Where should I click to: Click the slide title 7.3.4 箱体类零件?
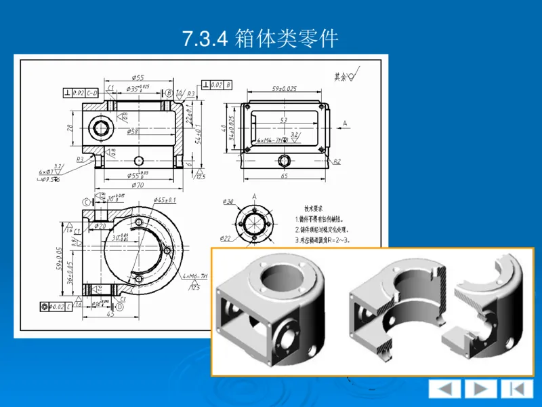pyautogui.click(x=260, y=38)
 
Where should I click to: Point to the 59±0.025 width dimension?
pyautogui.click(x=284, y=89)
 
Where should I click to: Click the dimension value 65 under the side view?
pyautogui.click(x=285, y=176)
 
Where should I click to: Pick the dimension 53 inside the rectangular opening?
pyautogui.click(x=284, y=121)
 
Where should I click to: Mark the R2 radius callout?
pyautogui.click(x=337, y=161)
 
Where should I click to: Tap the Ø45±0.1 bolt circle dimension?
pyautogui.click(x=165, y=200)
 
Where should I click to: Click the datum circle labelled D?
pyautogui.click(x=119, y=307)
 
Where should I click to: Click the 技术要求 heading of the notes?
pyautogui.click(x=314, y=209)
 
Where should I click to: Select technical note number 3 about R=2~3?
pyautogui.click(x=322, y=239)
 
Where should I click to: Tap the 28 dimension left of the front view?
pyautogui.click(x=69, y=128)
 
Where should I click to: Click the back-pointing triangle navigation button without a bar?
pyautogui.click(x=445, y=389)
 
